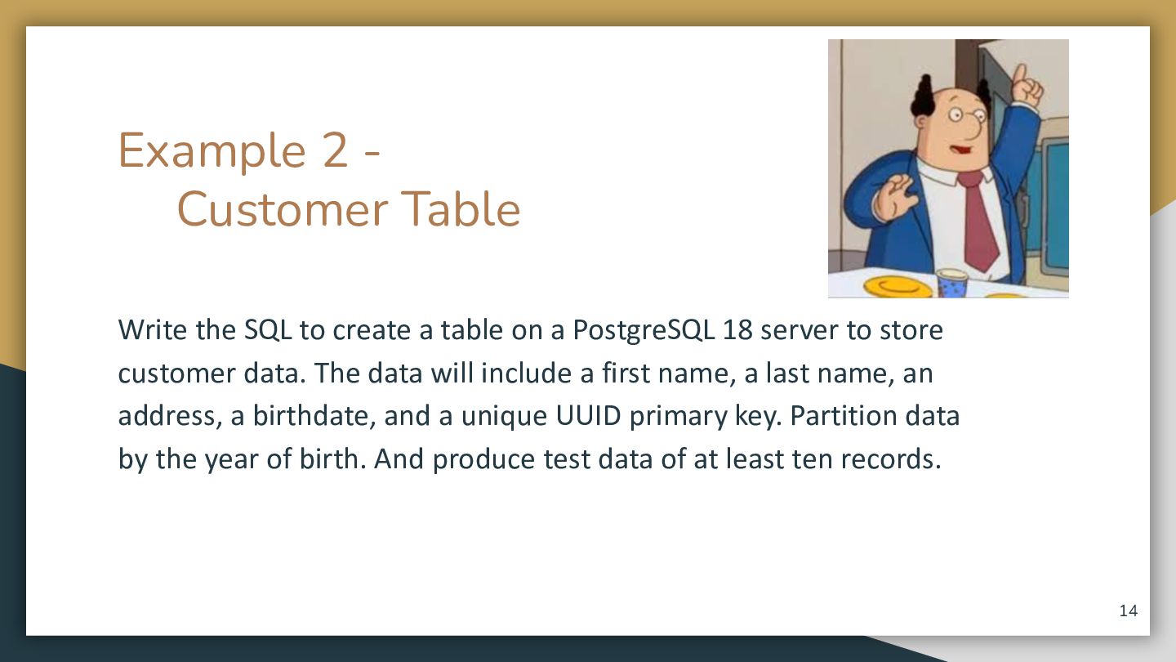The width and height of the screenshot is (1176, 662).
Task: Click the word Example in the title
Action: (212, 151)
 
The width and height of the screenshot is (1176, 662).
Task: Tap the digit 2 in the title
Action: (336, 150)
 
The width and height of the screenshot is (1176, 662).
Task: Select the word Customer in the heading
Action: (283, 209)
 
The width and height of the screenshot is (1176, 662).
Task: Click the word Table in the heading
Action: (461, 208)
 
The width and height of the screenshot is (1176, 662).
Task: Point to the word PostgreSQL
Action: (644, 331)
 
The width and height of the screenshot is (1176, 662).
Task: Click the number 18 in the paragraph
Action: (737, 330)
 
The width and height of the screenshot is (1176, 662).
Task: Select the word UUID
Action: (588, 415)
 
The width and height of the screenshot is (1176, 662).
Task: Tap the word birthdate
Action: (314, 415)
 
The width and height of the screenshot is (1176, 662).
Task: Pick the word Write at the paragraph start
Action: (152, 330)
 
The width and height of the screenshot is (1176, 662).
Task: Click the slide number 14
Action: (1129, 611)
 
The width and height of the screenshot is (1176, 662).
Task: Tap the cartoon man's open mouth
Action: (960, 150)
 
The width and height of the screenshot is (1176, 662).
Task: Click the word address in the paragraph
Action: (167, 415)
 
